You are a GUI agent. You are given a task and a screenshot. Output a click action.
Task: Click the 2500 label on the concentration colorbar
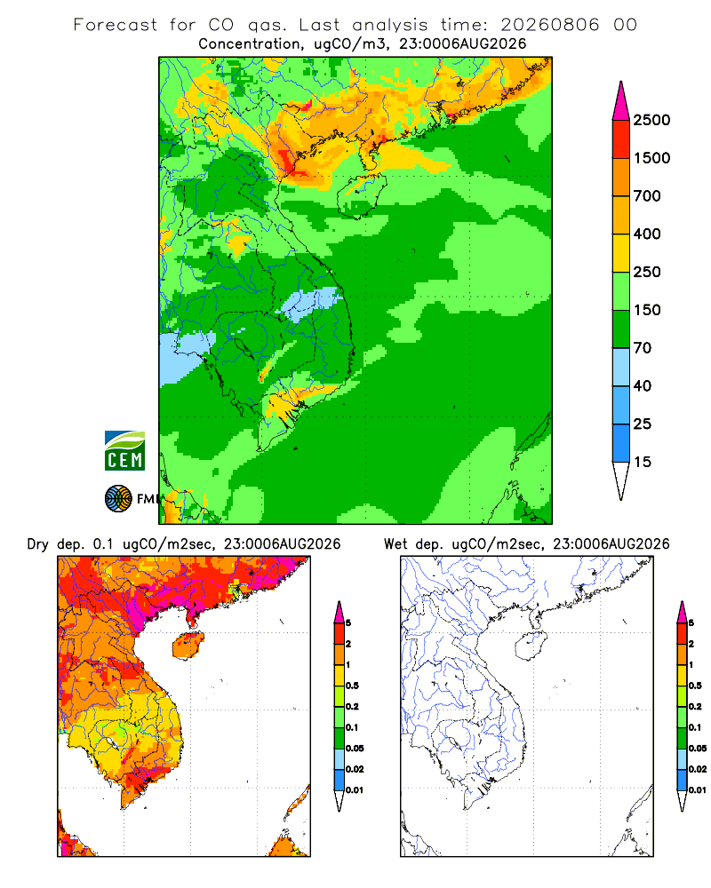click(x=651, y=120)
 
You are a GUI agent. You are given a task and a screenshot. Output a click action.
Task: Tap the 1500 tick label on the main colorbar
click(x=651, y=158)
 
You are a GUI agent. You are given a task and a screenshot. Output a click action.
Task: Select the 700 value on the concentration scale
click(x=647, y=196)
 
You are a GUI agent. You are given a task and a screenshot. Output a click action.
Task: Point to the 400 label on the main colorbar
click(x=647, y=234)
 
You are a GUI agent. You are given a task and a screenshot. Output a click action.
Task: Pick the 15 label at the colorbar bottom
click(x=643, y=462)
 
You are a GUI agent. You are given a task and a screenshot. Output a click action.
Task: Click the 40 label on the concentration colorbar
click(x=643, y=386)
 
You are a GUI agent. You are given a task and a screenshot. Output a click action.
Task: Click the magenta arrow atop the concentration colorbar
click(x=621, y=101)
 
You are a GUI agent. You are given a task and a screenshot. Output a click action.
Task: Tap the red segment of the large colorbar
click(x=621, y=139)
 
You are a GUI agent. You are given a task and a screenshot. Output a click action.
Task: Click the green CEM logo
click(x=124, y=451)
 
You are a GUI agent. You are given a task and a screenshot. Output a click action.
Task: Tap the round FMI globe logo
click(x=118, y=499)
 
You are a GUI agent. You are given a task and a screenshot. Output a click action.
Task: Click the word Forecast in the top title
click(x=116, y=25)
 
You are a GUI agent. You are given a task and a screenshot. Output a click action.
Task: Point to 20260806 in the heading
click(x=549, y=25)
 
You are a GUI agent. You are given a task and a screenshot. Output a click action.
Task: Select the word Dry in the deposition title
click(x=38, y=544)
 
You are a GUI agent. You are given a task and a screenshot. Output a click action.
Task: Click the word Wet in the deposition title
click(x=395, y=544)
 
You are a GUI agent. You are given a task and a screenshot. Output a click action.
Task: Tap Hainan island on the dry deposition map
click(x=188, y=646)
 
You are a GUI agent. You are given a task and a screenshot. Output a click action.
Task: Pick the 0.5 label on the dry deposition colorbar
click(x=352, y=686)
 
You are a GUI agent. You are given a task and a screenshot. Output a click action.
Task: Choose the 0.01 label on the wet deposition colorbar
click(x=698, y=790)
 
